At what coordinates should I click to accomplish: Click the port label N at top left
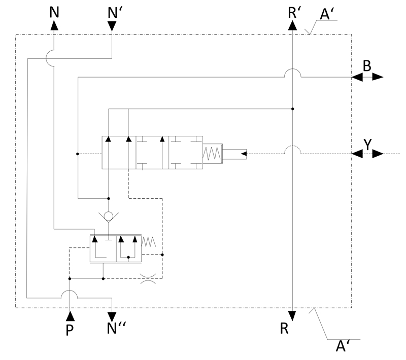coord(54,12)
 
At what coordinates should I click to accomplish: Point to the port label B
coord(367,66)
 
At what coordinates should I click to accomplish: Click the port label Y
coord(367,144)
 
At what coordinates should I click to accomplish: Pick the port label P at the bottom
coord(70,330)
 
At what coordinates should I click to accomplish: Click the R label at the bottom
coord(284,329)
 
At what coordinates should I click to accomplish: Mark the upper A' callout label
coord(328,14)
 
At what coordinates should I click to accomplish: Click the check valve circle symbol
coord(109,216)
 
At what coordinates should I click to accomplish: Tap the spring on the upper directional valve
coord(212,153)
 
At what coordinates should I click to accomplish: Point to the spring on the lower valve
coord(149,241)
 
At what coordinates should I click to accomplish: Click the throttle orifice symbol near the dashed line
coord(148,278)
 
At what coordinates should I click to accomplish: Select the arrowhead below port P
coord(70,316)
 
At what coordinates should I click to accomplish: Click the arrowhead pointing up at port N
coord(54,25)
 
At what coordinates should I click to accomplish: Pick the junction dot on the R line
coord(293,109)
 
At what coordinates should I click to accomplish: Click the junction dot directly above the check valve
coord(109,199)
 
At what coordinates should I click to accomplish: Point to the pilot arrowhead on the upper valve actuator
coord(244,154)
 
